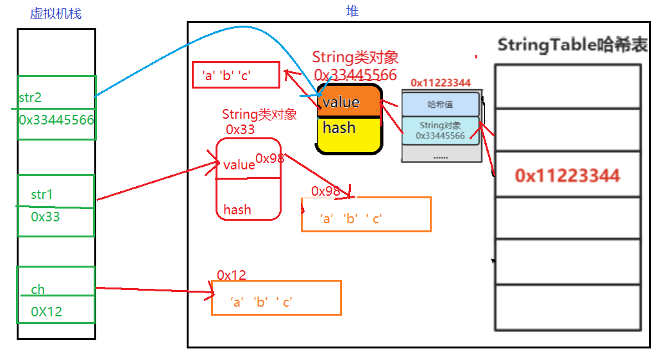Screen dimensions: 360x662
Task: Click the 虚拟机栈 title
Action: (56, 13)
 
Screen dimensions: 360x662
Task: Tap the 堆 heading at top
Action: (352, 11)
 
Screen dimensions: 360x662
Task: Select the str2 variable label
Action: (31, 98)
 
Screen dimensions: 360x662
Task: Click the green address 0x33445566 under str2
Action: (56, 120)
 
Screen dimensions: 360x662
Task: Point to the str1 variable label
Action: (42, 194)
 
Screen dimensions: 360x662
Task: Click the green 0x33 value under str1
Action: (45, 217)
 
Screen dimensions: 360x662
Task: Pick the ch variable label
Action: (38, 289)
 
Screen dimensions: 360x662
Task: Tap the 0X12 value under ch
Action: (46, 312)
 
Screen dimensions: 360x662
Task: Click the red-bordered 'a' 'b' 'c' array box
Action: (236, 75)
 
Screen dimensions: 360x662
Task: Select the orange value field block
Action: (349, 103)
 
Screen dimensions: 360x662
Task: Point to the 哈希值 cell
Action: (440, 104)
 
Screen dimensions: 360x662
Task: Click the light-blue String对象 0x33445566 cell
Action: (440, 130)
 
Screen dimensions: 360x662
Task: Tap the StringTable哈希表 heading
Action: (571, 45)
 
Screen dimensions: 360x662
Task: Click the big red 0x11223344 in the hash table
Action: (567, 175)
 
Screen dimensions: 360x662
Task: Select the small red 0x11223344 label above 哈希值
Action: (441, 83)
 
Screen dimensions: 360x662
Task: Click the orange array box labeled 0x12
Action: (276, 298)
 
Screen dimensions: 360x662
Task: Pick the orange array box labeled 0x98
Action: (366, 214)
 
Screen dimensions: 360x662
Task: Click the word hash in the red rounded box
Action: (237, 210)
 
